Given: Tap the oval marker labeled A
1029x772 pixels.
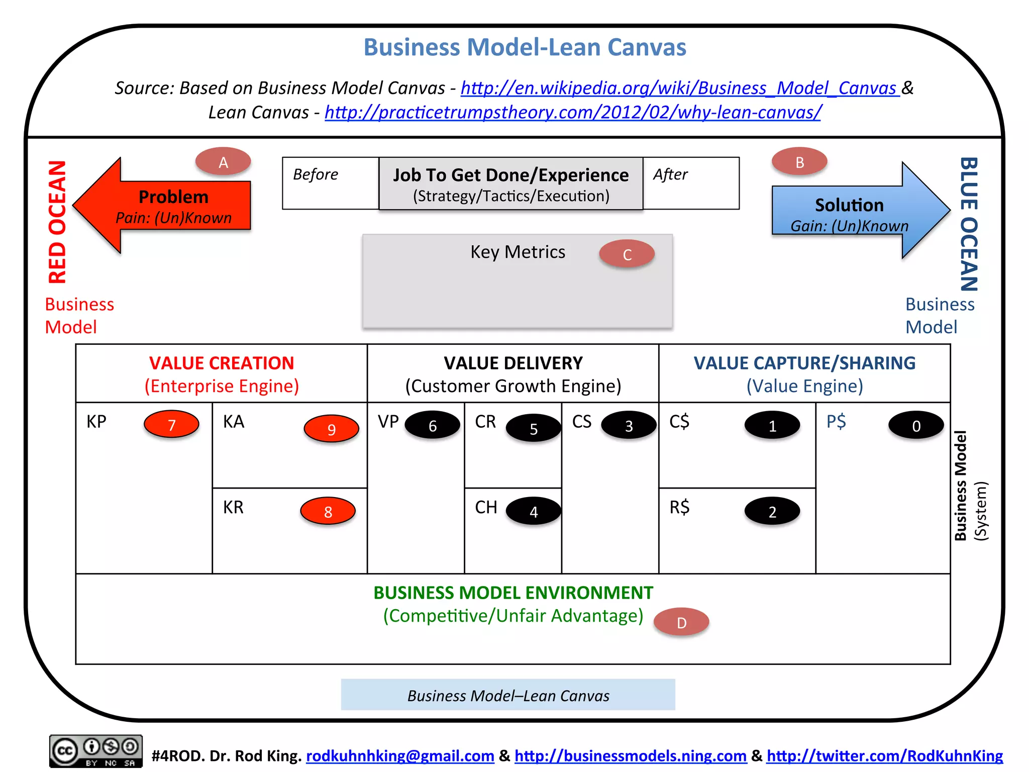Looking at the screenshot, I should tap(223, 162).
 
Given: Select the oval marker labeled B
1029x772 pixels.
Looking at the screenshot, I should tap(799, 162).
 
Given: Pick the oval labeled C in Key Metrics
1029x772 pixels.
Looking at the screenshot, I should tap(627, 254).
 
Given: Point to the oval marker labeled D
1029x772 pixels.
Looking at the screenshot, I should tap(681, 622).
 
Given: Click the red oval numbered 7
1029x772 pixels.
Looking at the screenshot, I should tap(171, 425).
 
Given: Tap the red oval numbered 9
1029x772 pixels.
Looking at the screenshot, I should tap(331, 429).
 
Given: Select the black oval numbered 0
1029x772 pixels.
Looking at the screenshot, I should tap(916, 426).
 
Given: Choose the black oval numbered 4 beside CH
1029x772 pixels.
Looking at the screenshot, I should tap(533, 511).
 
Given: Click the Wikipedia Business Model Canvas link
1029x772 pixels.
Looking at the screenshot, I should tap(679, 88).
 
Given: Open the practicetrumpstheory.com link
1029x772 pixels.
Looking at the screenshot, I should tap(573, 112).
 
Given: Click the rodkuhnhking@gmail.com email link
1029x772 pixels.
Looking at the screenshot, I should tap(400, 755).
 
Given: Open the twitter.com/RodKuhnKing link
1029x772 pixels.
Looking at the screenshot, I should tap(884, 755).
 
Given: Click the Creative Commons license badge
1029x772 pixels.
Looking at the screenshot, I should tap(95, 751).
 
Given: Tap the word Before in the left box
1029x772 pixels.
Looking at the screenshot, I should tap(316, 174).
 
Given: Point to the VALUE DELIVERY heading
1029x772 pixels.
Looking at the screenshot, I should tap(513, 363).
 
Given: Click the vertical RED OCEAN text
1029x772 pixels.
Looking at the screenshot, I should tap(57, 222).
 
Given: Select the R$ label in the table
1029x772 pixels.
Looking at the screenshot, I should tap(679, 507).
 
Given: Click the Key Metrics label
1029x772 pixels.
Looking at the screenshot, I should tap(518, 252).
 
